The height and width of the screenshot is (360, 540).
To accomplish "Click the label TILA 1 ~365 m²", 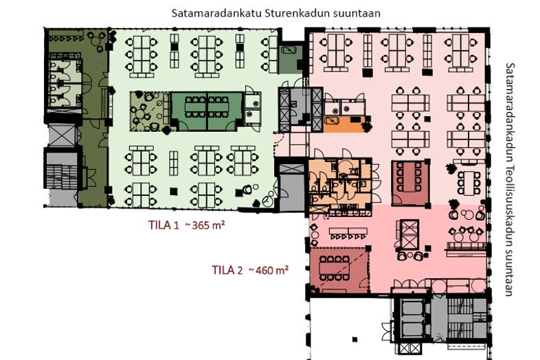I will pos(187,225).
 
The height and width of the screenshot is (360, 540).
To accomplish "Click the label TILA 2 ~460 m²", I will pos(249,270).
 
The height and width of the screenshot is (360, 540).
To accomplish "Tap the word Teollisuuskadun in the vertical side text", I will pos(509,218).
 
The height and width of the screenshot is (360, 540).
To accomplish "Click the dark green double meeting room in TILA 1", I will pos(206,110).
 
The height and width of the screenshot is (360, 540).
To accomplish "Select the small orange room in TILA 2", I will pos(343,124).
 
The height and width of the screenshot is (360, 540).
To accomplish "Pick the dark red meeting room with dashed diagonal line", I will pos(338,269).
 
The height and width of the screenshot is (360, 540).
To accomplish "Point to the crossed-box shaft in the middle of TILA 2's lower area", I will pos(409,235).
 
